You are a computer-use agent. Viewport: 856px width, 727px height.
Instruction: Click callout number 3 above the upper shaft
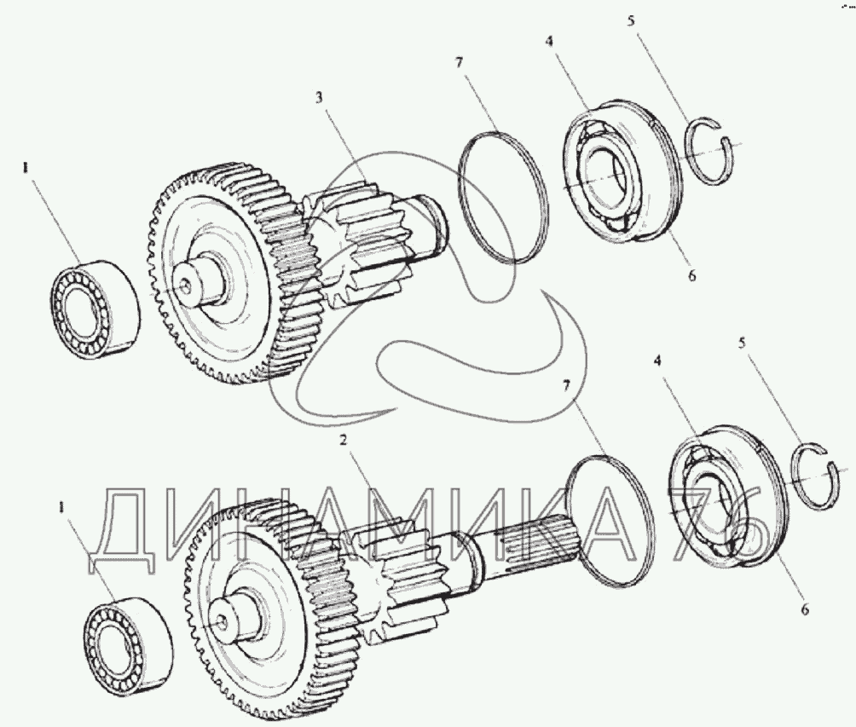(318, 98)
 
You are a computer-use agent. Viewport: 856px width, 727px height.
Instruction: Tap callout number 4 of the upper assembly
(552, 40)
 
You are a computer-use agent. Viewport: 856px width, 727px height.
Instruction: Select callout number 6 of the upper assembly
(691, 276)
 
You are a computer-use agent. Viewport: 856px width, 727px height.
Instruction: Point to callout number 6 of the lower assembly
(805, 609)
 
